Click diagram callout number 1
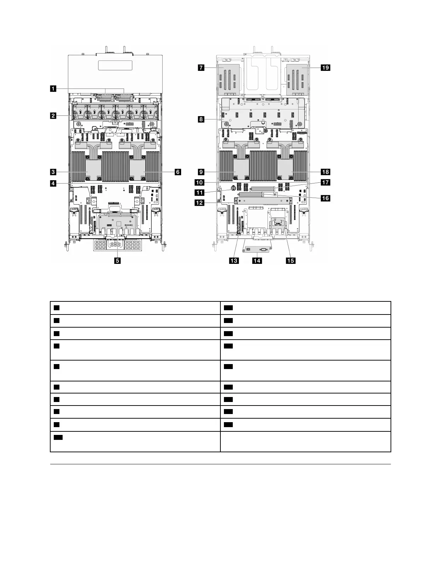tap(53, 89)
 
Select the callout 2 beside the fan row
tap(53, 115)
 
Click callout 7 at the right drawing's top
tap(201, 67)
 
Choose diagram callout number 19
tap(325, 67)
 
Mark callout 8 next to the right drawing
tap(201, 120)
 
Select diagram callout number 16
tap(325, 198)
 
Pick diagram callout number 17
tap(325, 183)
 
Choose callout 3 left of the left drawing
tap(53, 172)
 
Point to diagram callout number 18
tap(325, 172)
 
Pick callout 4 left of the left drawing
tap(53, 183)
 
